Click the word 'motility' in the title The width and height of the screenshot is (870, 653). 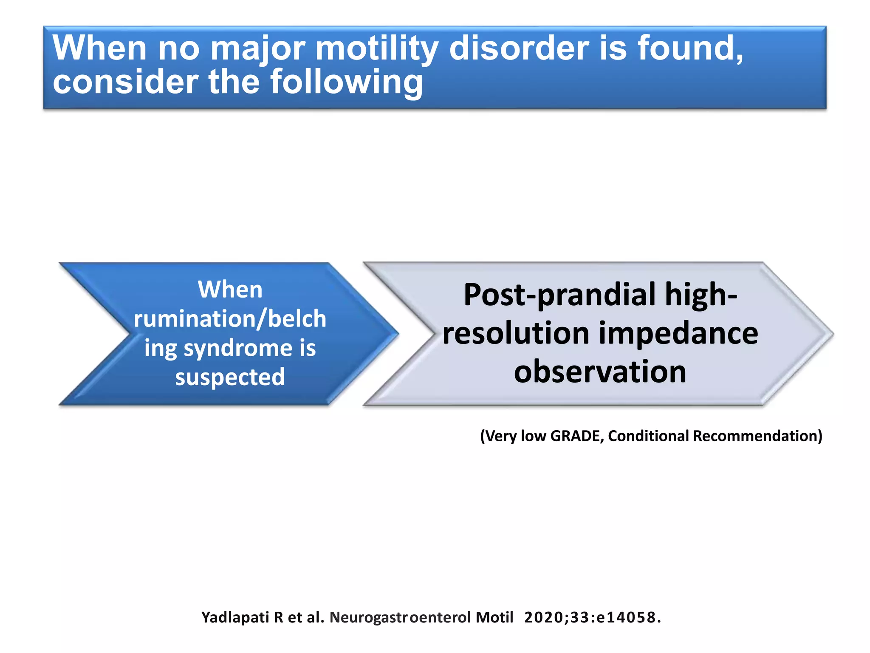[x=376, y=49]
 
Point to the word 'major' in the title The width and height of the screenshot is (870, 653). [x=257, y=49]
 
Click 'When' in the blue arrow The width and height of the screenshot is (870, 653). [x=230, y=290]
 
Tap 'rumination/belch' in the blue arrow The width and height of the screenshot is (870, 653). [x=230, y=319]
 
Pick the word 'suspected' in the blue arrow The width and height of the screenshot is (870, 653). [x=230, y=378]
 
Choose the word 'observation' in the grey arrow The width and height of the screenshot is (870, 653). [x=600, y=372]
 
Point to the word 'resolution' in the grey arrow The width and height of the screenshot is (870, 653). [x=516, y=333]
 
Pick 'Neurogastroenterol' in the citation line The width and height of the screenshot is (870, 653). [x=400, y=617]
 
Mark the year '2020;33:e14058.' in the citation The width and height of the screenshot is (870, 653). [x=592, y=617]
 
